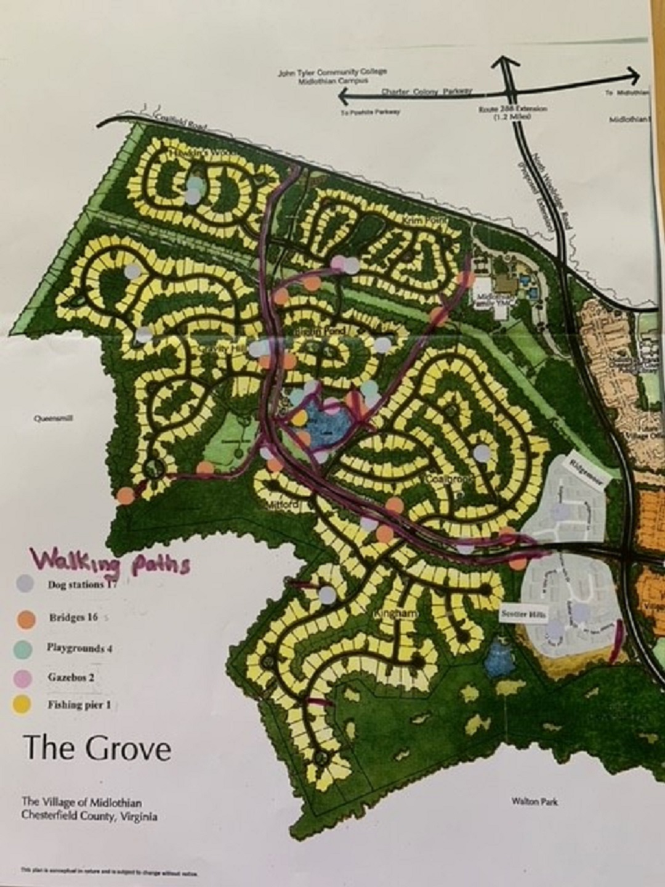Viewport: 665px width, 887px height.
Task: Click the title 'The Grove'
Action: [x=97, y=748]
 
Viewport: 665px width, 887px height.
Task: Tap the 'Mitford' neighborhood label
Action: [x=286, y=505]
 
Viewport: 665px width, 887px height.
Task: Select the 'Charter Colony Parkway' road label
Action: [x=426, y=92]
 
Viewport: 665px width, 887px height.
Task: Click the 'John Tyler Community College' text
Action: [x=332, y=71]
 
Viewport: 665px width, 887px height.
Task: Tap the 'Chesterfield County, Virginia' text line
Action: [x=89, y=817]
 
